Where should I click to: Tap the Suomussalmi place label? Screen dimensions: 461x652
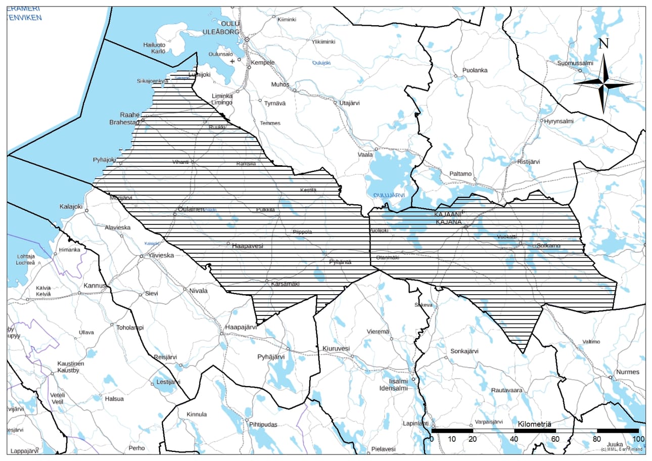pos(575,63)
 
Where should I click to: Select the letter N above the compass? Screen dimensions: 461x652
pos(603,44)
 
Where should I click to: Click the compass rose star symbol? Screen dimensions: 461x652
pos(603,83)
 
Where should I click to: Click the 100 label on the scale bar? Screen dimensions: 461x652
pos(638,439)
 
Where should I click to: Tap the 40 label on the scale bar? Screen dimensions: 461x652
pos(515,439)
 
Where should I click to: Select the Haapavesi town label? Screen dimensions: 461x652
pos(248,246)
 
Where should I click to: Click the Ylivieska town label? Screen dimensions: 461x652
pos(161,255)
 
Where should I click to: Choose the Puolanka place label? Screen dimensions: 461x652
pos(475,70)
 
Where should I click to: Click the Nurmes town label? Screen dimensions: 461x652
pos(627,372)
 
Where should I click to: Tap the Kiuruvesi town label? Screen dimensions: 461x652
pos(336,348)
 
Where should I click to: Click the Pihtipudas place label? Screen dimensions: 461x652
pos(263,425)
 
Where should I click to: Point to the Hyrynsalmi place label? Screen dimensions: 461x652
pos(560,121)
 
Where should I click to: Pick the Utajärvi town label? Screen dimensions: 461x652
pos(349,103)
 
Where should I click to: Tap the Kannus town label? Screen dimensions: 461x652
pos(95,286)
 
